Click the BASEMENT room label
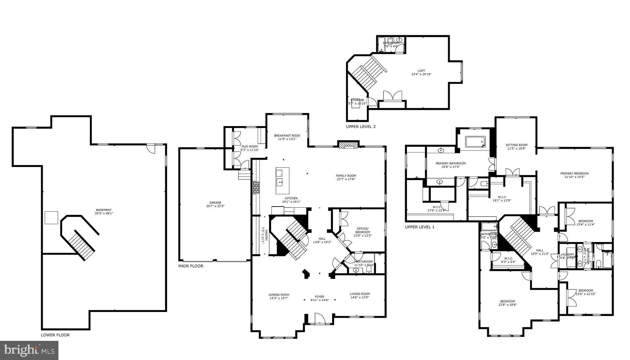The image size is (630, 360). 104,210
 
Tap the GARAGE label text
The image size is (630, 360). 215,202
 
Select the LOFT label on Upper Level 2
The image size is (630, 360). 421,71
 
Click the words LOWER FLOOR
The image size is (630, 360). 55,335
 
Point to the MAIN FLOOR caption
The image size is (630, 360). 191,266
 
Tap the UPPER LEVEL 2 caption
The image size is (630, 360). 361,127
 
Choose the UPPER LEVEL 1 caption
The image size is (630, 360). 420,227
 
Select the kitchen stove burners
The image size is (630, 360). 256,187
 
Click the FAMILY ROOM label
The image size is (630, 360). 346,176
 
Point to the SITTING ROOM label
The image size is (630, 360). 516,145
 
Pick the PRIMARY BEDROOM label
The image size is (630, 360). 574,173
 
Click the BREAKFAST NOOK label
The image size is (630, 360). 287,136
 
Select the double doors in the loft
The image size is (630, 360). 393,96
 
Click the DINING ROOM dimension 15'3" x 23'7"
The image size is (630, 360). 279,298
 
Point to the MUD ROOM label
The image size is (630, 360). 250,147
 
